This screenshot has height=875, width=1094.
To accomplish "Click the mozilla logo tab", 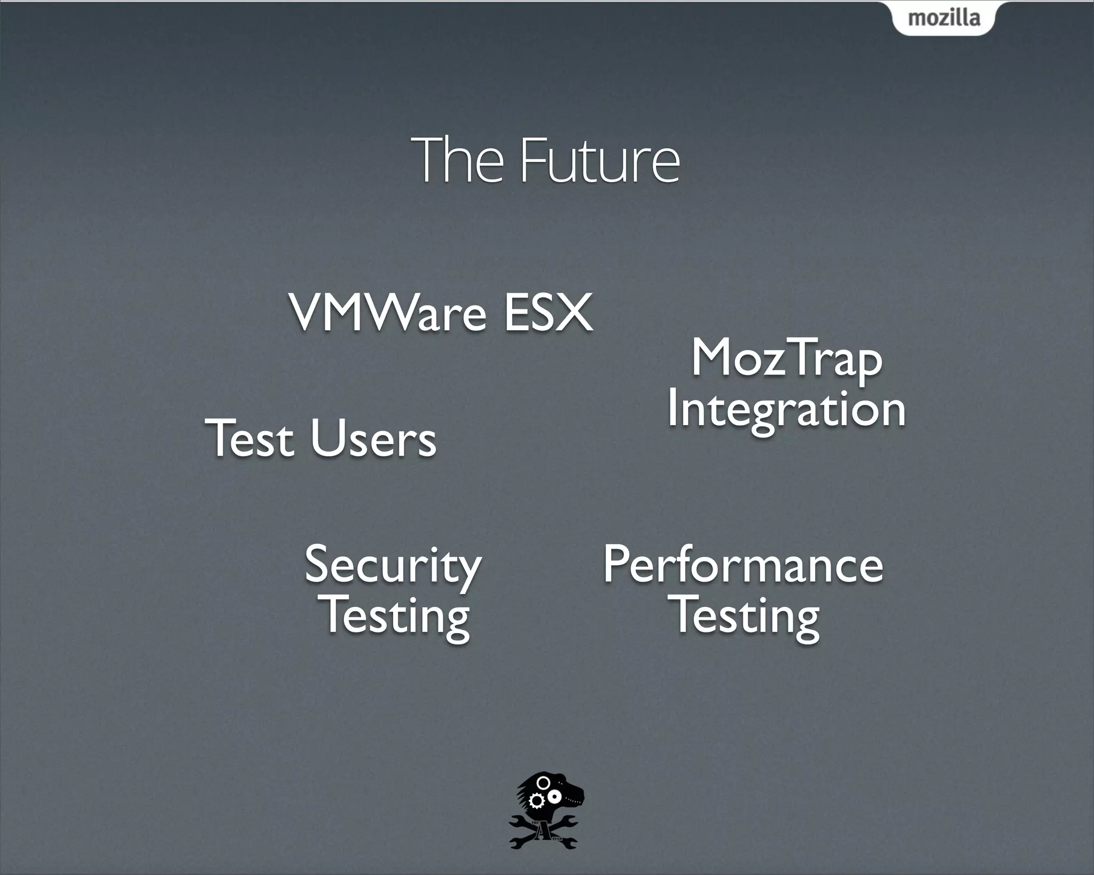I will point(944,18).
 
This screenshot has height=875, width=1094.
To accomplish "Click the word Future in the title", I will point(599,160).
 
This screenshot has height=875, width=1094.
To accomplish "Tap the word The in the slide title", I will point(457,160).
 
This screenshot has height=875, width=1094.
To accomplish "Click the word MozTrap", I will point(786,359).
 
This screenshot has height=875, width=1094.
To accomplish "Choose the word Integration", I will point(786,409).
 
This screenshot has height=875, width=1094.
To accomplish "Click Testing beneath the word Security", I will point(396,616).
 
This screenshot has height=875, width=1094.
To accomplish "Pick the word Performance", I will point(743,565).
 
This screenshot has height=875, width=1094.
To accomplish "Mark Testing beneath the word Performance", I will point(746,616).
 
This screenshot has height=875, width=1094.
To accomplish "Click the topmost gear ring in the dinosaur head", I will point(543,783).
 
